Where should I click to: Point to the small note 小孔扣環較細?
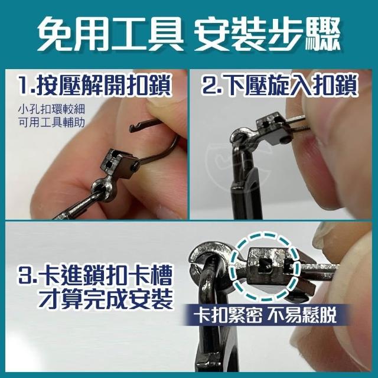click(51, 109)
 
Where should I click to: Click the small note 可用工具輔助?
click(51, 122)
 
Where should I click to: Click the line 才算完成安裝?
click(106, 299)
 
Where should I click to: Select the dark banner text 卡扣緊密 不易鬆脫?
click(265, 315)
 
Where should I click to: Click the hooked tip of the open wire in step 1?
click(132, 128)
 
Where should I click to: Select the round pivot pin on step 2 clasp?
click(285, 140)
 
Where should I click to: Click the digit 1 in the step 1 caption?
click(24, 86)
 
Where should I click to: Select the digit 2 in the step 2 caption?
click(208, 86)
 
